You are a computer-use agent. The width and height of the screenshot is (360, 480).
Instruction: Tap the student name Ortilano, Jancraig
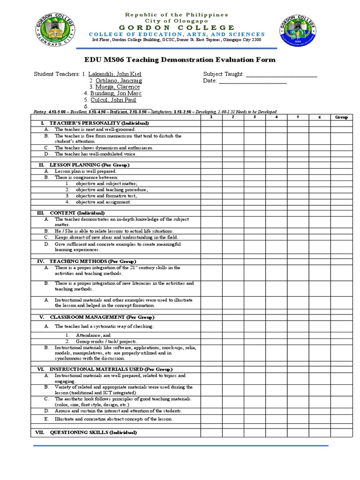point(116,81)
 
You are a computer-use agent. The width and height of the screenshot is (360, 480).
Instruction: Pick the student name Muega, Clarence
point(117,87)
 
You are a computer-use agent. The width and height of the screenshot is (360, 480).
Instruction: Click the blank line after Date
point(253,81)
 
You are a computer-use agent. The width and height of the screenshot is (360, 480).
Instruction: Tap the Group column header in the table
point(341,117)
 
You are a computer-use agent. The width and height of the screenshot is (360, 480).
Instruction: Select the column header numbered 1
point(211,117)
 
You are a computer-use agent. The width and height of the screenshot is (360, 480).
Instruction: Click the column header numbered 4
point(276,117)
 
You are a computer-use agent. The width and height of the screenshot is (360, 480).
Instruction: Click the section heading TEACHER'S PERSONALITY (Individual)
point(99,123)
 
